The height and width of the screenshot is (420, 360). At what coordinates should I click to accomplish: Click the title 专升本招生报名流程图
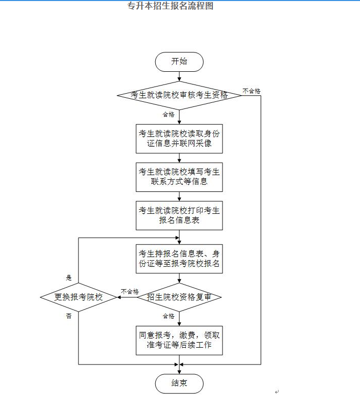170,6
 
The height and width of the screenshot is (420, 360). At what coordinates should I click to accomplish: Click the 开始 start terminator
179,62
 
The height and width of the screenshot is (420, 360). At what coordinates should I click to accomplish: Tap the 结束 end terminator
179,383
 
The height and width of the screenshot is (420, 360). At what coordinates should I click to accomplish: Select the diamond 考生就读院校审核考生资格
179,95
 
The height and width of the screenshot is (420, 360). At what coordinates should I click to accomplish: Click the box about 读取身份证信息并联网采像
179,138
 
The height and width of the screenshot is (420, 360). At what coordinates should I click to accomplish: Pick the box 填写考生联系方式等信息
179,177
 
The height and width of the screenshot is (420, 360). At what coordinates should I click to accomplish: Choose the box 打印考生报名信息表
179,215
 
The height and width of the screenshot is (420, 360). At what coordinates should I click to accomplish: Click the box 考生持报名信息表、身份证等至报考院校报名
179,259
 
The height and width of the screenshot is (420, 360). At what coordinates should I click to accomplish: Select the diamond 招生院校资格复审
179,297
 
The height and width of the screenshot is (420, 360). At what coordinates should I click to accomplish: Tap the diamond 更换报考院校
78,297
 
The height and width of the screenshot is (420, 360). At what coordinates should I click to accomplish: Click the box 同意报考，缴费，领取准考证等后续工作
179,340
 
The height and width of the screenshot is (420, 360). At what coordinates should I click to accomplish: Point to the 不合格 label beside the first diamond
252,91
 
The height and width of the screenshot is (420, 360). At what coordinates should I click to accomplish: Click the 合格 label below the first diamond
169,115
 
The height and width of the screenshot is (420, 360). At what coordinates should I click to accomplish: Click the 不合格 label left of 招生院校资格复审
129,292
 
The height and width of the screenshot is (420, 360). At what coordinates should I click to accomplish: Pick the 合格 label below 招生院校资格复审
169,316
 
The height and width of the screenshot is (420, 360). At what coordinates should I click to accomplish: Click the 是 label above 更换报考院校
69,278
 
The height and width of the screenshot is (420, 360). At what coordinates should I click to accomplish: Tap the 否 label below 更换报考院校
69,316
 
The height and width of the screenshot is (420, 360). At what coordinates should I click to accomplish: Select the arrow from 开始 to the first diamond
179,76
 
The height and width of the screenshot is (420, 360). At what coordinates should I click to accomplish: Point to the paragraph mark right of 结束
276,391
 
